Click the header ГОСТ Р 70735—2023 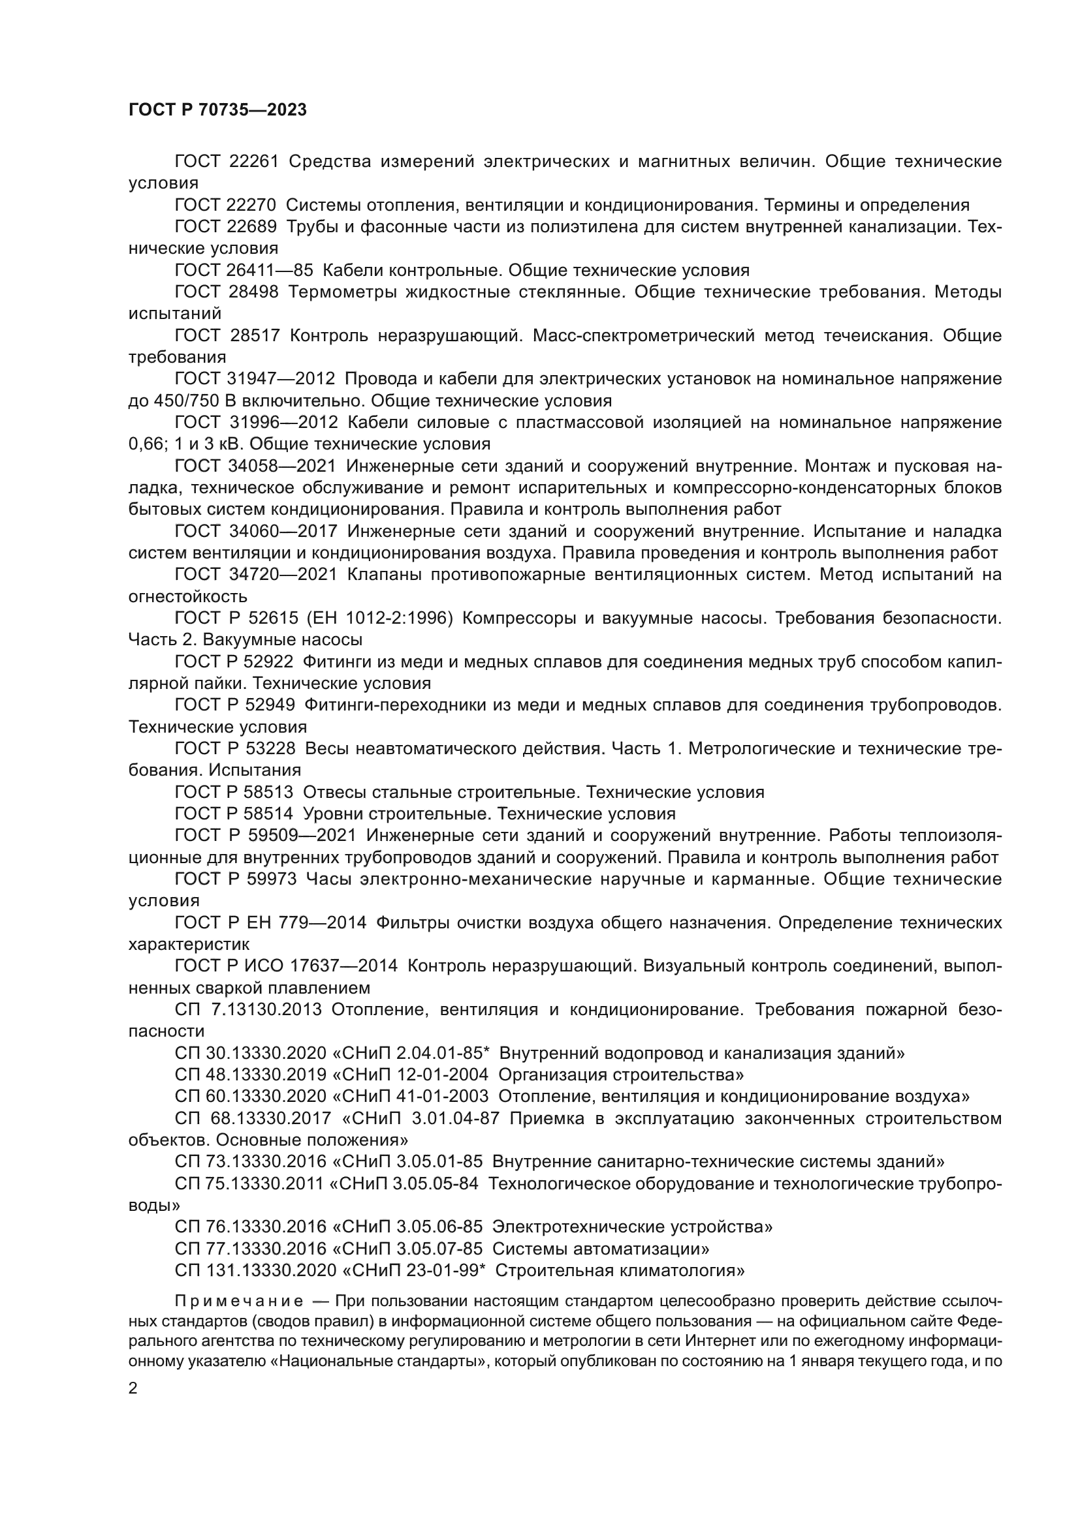click(217, 110)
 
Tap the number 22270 click(253, 205)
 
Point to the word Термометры click(343, 292)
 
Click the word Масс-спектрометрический click(643, 335)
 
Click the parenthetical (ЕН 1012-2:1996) click(379, 617)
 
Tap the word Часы click(328, 879)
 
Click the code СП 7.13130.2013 click(248, 1009)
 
